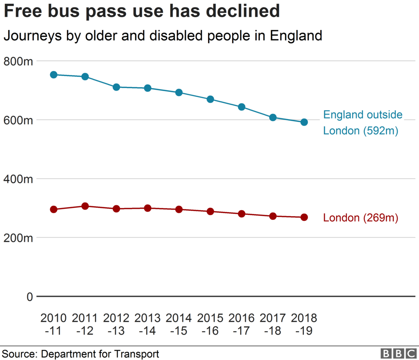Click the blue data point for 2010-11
[x=54, y=75]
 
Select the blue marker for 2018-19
[x=304, y=122]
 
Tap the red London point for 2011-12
[x=85, y=206]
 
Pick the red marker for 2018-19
[x=304, y=217]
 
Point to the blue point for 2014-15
[x=179, y=92]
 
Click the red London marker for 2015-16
[x=210, y=211]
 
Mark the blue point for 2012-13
[x=116, y=87]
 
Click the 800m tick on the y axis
[x=18, y=61]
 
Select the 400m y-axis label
[x=18, y=179]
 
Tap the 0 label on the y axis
[x=29, y=297]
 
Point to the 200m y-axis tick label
[x=18, y=238]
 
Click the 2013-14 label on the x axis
[x=148, y=324]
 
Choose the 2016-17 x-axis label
[x=242, y=324]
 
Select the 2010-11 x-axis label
[x=54, y=324]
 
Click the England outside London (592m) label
[x=362, y=122]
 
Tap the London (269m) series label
[x=361, y=218]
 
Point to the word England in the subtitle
[x=296, y=36]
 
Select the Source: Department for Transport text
[x=81, y=354]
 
